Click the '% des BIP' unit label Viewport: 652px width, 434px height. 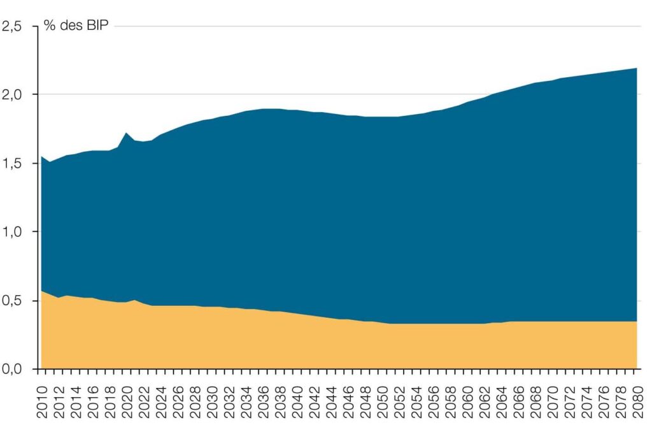click(x=76, y=27)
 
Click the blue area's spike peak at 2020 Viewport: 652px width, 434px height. click(x=127, y=133)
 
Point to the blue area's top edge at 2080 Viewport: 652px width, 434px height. click(x=637, y=68)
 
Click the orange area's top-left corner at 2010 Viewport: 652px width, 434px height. click(x=42, y=291)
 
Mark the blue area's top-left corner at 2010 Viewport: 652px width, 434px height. click(x=42, y=156)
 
